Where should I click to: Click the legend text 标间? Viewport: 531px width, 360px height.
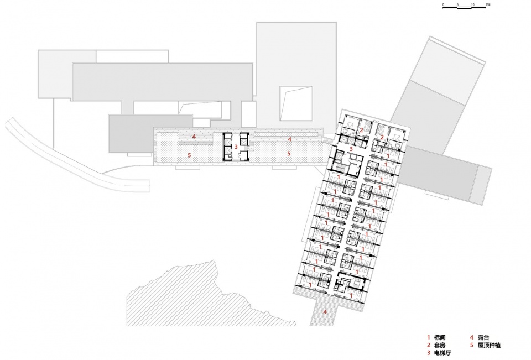click(440, 337)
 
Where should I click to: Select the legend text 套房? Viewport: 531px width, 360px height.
click(440, 346)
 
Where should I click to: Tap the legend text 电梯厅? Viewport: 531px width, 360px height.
click(442, 353)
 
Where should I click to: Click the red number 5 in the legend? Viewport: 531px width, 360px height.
click(471, 346)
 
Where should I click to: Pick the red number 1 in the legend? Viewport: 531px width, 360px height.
click(428, 337)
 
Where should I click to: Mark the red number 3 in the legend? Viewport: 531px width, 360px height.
click(428, 353)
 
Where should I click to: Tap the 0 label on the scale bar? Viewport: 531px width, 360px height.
click(443, 5)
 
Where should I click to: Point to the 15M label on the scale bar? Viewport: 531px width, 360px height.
click(488, 5)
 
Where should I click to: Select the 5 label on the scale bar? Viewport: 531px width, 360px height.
click(457, 5)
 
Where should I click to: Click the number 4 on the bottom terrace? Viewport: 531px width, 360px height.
click(325, 311)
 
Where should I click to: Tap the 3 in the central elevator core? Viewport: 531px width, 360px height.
click(236, 147)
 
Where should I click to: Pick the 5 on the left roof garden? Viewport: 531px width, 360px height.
click(189, 155)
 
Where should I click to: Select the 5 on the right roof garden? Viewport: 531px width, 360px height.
click(289, 153)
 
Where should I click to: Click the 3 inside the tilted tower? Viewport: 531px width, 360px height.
click(351, 148)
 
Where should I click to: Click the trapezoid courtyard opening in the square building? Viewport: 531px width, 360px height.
click(296, 103)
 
